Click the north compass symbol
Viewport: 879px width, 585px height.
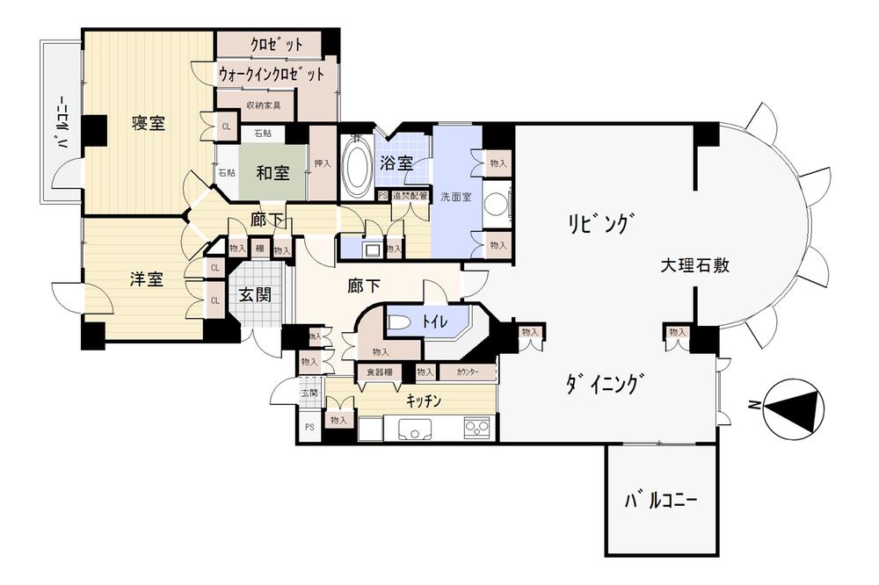[x=794, y=405]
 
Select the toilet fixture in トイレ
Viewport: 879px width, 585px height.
[x=397, y=322]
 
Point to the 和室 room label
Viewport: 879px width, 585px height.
[x=272, y=172]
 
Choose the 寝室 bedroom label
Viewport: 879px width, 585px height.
[x=148, y=123]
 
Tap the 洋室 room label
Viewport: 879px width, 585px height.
[x=146, y=279]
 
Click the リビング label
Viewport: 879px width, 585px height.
[x=598, y=224]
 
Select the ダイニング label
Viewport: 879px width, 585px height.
[x=607, y=384]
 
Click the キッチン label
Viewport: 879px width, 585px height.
[x=423, y=401]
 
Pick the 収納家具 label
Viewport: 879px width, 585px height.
[x=263, y=105]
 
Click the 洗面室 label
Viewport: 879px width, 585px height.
[x=456, y=197]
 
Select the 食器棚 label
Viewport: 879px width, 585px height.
[x=380, y=372]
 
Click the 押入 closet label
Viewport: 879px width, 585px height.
[x=323, y=163]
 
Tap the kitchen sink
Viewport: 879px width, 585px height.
[x=414, y=430]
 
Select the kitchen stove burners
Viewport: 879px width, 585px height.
[x=477, y=430]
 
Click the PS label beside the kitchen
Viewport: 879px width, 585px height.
[x=309, y=427]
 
